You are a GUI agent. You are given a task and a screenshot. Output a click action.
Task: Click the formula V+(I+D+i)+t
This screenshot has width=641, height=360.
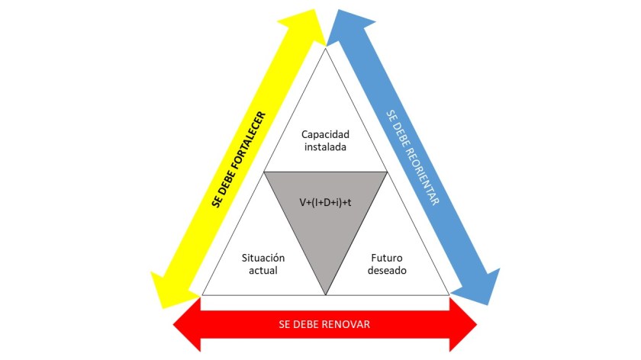click(326, 203)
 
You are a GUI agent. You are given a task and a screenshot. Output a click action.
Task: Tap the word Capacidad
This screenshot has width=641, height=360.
click(326, 133)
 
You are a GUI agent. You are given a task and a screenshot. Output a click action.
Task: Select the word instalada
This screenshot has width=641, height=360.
click(326, 146)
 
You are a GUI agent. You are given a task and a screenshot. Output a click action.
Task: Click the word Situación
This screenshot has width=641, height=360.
click(262, 257)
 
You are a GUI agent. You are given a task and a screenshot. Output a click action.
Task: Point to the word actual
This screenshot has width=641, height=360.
click(262, 271)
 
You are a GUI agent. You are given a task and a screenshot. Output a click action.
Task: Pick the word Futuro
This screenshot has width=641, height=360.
click(386, 257)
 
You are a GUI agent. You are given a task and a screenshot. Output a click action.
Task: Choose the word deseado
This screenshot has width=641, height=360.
click(386, 271)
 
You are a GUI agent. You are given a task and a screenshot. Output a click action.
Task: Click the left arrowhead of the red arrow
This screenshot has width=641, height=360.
click(188, 324)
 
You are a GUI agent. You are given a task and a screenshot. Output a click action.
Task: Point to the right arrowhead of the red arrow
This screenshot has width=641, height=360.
click(462, 324)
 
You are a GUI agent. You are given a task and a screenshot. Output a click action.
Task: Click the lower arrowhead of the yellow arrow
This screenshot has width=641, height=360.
click(169, 286)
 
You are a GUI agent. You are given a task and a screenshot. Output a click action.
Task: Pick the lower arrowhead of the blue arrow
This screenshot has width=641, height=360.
click(481, 286)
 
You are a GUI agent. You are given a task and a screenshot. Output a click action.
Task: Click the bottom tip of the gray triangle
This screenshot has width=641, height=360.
click(326, 292)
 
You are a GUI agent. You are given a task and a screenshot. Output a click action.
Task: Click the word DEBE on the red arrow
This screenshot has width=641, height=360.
click(304, 324)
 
